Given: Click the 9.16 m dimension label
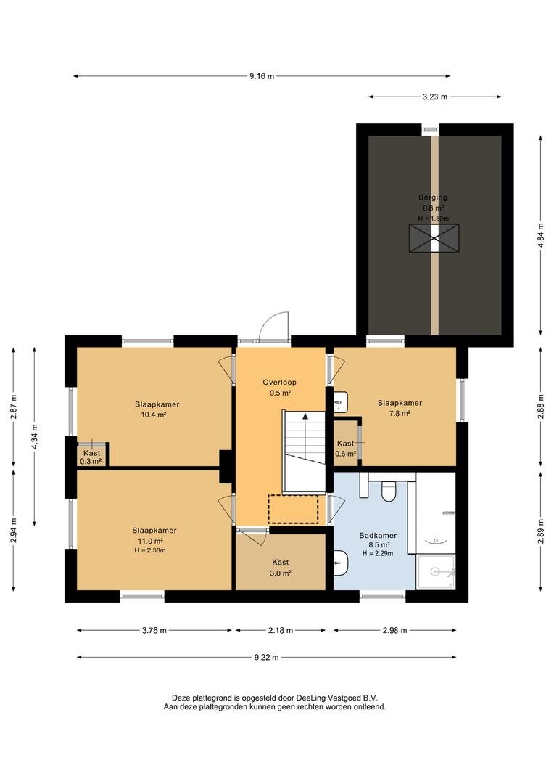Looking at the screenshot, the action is (262, 76).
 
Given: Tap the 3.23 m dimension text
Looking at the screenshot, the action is (434, 97).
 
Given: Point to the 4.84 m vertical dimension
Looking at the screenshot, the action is (540, 235).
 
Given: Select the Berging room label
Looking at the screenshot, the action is (433, 197).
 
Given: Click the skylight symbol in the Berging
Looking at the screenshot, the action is (434, 238).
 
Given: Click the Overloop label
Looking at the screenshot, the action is (280, 383).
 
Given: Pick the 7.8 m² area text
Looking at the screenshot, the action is (400, 414).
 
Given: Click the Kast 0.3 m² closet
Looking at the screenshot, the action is (92, 455).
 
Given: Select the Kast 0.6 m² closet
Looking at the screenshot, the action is (346, 444).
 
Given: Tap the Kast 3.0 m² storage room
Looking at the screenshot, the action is (280, 563).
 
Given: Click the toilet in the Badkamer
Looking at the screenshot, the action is (388, 491).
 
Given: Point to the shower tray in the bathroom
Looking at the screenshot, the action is (436, 572).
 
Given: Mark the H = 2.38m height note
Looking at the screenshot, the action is (150, 550).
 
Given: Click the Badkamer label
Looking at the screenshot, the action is (378, 536).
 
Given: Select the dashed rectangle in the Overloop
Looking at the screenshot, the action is (293, 509).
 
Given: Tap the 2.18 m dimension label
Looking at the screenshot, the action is (280, 631).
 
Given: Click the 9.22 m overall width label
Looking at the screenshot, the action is (266, 658).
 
